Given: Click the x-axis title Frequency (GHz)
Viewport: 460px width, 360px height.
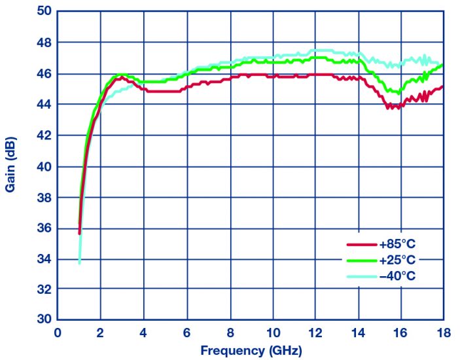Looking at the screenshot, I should pos(251,350).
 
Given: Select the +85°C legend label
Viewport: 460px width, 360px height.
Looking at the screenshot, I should pos(397,244).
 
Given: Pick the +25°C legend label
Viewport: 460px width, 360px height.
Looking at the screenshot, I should pos(397,260).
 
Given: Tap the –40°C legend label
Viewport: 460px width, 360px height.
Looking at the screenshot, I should pos(397,276).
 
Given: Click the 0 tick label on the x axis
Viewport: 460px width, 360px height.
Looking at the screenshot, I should pos(58,333).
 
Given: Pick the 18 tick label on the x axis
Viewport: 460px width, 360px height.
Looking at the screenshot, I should pos(443,333).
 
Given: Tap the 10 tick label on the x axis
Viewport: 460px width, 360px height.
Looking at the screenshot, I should pos(272,333).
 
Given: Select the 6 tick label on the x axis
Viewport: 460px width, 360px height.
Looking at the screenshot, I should pos(186,333).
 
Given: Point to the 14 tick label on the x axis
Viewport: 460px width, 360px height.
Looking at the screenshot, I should pos(358,333).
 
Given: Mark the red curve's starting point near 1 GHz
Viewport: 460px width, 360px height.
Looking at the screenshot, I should pos(79,233).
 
